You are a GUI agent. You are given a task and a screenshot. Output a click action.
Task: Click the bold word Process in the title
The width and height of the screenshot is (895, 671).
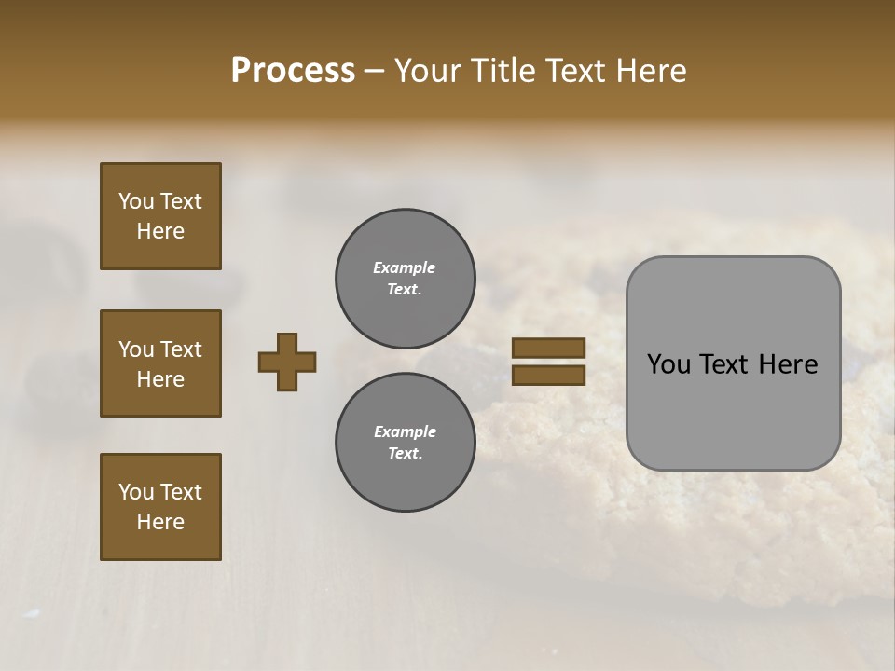coord(293,71)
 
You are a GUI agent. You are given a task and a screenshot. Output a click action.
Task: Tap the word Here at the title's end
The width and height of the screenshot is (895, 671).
coord(651,71)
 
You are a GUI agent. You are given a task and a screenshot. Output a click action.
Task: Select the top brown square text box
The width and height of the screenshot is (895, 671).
coord(160,216)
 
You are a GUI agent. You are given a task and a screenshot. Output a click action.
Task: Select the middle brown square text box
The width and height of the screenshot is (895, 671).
coord(160,363)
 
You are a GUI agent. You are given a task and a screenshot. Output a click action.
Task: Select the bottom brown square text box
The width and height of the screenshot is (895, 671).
coord(160,507)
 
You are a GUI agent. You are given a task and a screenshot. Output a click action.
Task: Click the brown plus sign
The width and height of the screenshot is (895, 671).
coord(287,362)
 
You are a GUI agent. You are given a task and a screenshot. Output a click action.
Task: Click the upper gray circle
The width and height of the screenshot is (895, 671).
coord(406,279)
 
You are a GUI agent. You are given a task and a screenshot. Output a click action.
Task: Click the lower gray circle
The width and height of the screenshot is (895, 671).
coord(406,443)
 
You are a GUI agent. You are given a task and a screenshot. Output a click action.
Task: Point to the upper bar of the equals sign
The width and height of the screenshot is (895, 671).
coord(548,349)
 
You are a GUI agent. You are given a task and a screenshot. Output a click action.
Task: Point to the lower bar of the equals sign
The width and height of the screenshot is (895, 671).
coord(548,375)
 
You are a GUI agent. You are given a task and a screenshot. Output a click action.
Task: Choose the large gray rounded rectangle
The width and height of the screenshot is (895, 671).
coord(733,363)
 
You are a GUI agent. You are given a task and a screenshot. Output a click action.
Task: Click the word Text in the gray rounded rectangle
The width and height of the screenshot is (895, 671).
coord(732,364)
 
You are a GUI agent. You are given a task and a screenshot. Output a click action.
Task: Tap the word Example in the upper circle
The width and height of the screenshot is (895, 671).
coord(405,267)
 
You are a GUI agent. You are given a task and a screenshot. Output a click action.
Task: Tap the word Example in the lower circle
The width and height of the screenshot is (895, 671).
coord(405,431)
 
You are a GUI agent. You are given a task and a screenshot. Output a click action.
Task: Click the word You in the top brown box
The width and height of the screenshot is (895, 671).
coord(135,201)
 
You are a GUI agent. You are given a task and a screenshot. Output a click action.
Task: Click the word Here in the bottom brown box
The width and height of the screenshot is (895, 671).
coord(160,522)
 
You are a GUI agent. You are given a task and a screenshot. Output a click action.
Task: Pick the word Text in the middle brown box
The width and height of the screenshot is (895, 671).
coord(181,349)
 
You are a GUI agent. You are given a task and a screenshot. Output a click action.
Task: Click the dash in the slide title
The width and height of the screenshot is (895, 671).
coord(375,71)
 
